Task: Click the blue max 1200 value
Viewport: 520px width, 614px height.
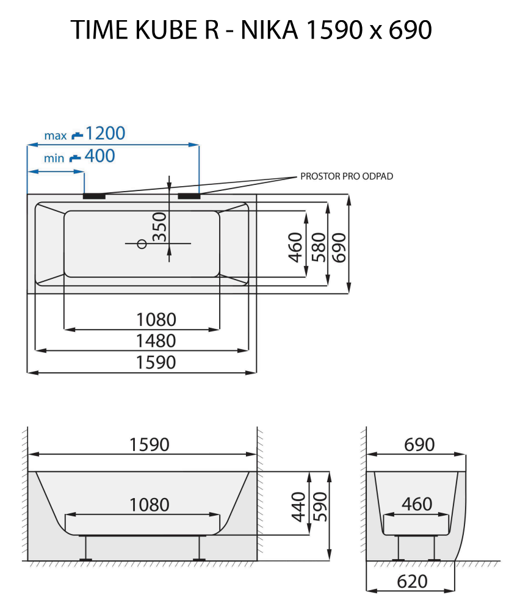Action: click(x=105, y=133)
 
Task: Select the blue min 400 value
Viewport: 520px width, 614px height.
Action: click(x=99, y=156)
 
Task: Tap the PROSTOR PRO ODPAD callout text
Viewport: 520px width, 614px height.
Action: click(x=347, y=176)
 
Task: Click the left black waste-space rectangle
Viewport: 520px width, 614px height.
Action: click(x=94, y=196)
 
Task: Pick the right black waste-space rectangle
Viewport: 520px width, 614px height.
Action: click(x=189, y=196)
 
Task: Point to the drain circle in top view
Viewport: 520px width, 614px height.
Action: click(x=142, y=244)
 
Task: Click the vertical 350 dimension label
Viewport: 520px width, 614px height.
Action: click(x=159, y=226)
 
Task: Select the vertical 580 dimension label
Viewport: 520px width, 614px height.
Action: click(x=319, y=247)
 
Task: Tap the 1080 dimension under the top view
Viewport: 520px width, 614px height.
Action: click(x=156, y=319)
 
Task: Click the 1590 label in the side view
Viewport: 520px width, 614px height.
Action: click(x=149, y=444)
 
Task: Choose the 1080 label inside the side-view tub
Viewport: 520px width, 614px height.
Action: click(x=149, y=505)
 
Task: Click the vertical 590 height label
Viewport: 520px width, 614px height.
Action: click(x=320, y=507)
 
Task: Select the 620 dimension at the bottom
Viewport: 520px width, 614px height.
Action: click(x=412, y=582)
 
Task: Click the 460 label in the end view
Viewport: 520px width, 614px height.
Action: click(x=417, y=504)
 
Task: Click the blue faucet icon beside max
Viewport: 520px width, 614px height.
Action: click(x=76, y=134)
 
